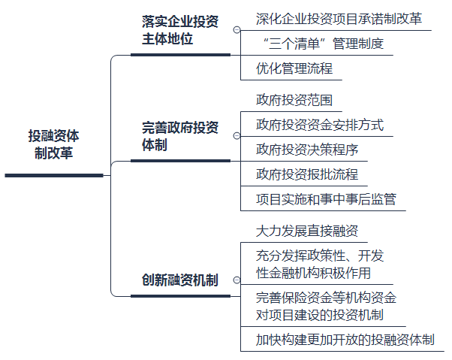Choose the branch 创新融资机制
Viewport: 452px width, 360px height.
point(180,280)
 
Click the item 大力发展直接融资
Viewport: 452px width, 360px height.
point(307,231)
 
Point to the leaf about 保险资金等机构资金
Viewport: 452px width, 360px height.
point(326,305)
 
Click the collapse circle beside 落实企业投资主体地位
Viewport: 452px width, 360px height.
point(237,31)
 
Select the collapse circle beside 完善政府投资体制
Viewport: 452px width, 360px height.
point(237,137)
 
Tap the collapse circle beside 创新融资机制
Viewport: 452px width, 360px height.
point(237,284)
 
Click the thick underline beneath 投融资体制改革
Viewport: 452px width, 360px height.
point(54,175)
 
